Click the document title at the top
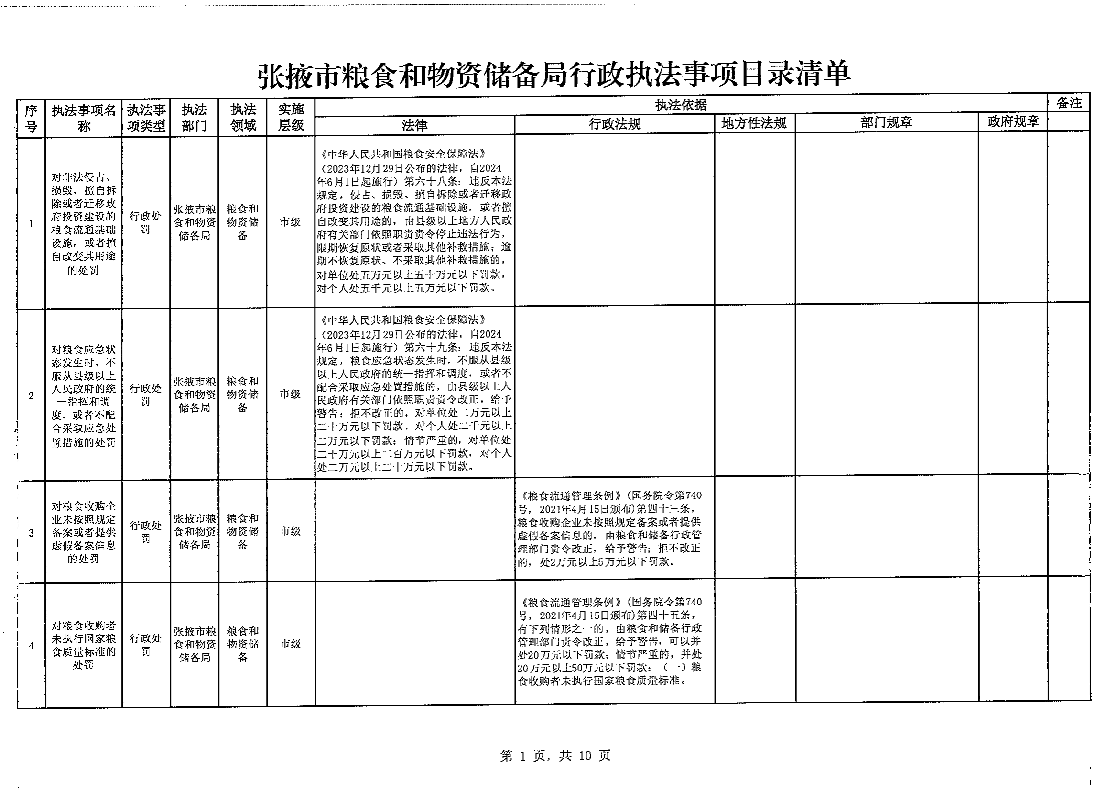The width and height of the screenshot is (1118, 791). pos(554,75)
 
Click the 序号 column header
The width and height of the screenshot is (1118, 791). pos(31,118)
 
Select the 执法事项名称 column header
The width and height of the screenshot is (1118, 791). pos(84,118)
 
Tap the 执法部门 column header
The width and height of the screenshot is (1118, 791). pos(194,118)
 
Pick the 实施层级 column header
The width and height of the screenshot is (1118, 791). pos(291,117)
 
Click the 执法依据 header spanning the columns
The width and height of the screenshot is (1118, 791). pos(680,105)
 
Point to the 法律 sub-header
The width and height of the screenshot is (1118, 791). pos(414,126)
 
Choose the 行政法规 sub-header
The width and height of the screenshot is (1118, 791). pos(615,124)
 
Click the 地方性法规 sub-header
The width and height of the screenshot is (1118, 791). pos(754,123)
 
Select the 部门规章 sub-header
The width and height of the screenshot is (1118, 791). pos(886,122)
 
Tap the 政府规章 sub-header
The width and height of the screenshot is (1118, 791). pos(1013,121)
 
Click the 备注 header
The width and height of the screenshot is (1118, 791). pos(1069,103)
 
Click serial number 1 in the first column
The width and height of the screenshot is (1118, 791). pos(31,223)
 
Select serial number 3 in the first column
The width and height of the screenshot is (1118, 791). pos(31,533)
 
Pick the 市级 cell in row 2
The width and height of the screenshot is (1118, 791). pos(290,394)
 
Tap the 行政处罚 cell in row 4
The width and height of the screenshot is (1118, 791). pos(146,644)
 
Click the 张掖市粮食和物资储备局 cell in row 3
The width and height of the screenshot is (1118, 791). pos(194,531)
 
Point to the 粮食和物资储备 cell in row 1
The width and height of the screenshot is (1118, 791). pos(242,222)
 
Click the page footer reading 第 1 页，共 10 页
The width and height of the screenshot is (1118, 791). pos(555,756)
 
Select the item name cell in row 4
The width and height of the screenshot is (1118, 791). pos(84,644)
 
